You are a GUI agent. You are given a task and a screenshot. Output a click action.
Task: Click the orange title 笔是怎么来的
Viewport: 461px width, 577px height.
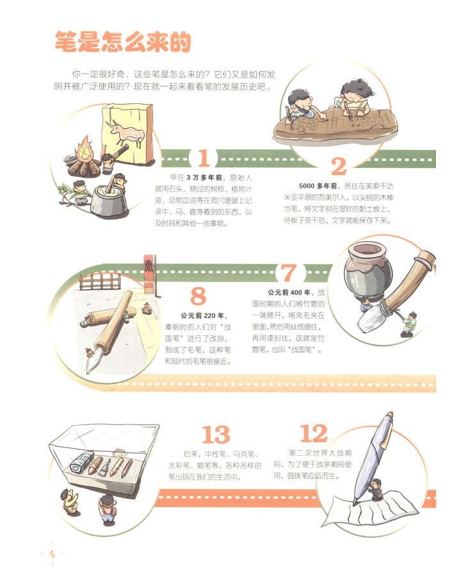click(123, 41)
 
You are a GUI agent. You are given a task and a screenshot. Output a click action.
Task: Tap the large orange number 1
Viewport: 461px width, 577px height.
click(204, 158)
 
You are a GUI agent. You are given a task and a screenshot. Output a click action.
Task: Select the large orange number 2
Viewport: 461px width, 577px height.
click(339, 166)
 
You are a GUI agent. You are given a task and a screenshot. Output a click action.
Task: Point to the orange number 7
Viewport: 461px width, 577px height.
click(288, 272)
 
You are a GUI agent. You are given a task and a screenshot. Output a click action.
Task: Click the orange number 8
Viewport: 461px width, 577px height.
click(198, 296)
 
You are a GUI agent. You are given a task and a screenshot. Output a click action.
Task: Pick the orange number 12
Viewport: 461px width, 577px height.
click(314, 433)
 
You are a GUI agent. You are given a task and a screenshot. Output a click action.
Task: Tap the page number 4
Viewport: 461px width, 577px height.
click(52, 554)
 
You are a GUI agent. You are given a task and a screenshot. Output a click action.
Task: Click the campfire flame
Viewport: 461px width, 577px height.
click(84, 148)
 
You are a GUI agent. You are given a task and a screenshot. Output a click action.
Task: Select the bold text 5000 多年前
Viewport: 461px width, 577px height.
click(318, 186)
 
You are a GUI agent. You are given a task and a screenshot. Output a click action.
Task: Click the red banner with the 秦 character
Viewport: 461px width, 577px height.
click(149, 272)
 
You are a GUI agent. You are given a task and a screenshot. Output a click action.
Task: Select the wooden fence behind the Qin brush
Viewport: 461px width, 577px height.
click(100, 282)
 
